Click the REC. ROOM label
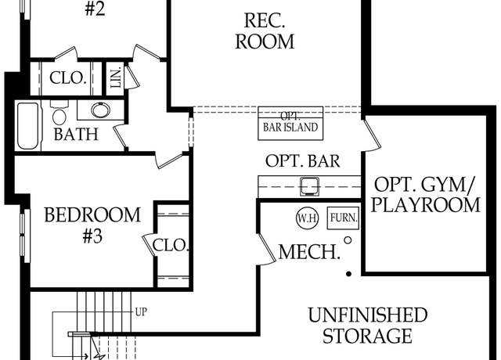point(265,31)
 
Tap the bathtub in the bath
point(28,125)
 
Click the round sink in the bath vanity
point(100,110)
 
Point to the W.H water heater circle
point(308,218)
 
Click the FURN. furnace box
point(344,218)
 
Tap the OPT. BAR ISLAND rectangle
point(290,124)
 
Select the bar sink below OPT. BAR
point(309,186)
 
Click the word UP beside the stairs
point(141,312)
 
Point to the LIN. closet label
point(116,77)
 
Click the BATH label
point(76,134)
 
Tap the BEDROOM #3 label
point(92,225)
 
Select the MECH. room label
point(309,252)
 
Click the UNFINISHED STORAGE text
point(367,326)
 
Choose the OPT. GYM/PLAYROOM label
point(425,195)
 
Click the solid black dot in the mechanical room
point(349,274)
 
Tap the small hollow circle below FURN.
point(348,240)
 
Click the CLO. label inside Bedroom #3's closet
point(170,246)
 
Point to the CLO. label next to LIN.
point(68,78)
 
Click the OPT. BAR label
point(303,161)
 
